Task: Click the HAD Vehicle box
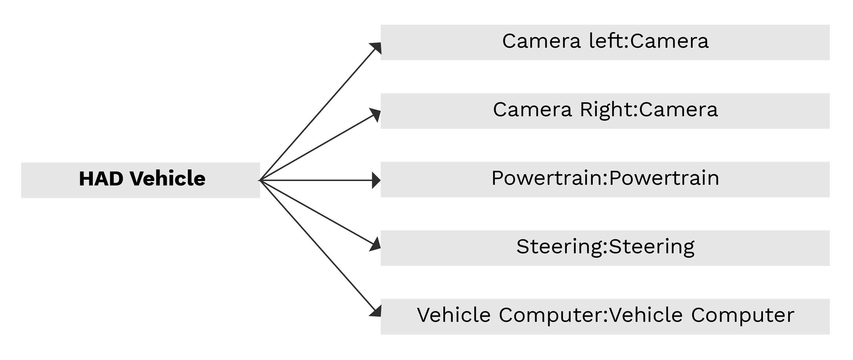[141, 180]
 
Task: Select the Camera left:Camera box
[605, 42]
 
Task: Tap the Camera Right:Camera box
[605, 111]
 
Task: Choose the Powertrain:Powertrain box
[605, 179]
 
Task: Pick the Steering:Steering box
[605, 248]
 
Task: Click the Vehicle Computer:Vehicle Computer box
[605, 316]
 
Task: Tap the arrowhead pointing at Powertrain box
[376, 180]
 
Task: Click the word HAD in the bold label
[101, 179]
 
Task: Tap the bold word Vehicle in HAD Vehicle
[167, 179]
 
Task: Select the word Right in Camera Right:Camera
[608, 110]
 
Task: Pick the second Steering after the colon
[651, 247]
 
